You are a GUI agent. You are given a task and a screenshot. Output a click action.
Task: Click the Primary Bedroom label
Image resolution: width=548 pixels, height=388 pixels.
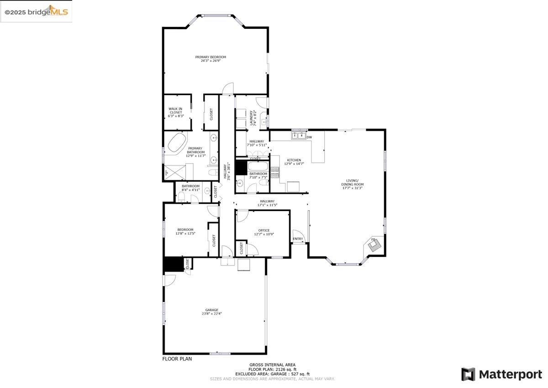[x=211, y=57]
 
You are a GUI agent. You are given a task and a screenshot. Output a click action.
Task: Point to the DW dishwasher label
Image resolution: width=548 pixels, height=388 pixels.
[x=309, y=137]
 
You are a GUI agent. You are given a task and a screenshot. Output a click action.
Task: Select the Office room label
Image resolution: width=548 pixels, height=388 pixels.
[x=263, y=230]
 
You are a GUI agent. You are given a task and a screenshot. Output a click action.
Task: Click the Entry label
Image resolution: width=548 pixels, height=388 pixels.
[x=298, y=239]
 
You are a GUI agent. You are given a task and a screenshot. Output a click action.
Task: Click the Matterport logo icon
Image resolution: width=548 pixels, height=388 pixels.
[x=468, y=374]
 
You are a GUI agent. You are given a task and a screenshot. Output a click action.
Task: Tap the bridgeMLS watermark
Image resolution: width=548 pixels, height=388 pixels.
[x=37, y=12]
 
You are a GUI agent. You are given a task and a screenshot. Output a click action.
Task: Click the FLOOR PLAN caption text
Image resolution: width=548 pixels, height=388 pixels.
[x=177, y=359]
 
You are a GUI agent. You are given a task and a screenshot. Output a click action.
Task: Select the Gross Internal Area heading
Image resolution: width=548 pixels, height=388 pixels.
[x=272, y=365]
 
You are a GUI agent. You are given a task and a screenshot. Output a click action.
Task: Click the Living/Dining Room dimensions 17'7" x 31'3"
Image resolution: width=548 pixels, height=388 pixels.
[x=352, y=188]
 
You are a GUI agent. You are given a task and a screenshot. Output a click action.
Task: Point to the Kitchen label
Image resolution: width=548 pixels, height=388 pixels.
[x=293, y=160]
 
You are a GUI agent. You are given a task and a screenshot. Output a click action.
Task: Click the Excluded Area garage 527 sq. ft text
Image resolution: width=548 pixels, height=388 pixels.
[x=272, y=374]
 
